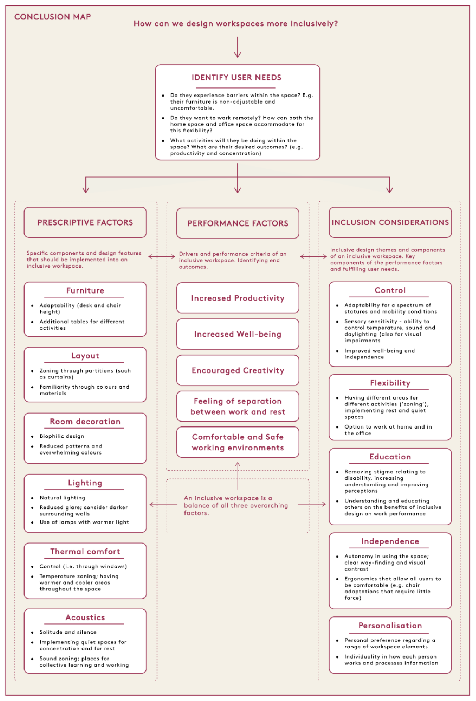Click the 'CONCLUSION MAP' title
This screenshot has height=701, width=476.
(x=53, y=17)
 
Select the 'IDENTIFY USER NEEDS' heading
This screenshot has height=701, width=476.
(x=236, y=78)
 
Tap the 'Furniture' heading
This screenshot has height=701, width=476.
(x=85, y=290)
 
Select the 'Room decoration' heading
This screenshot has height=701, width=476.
(x=85, y=421)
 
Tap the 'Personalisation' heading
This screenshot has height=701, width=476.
(x=390, y=626)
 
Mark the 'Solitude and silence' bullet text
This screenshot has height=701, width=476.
(x=68, y=632)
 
